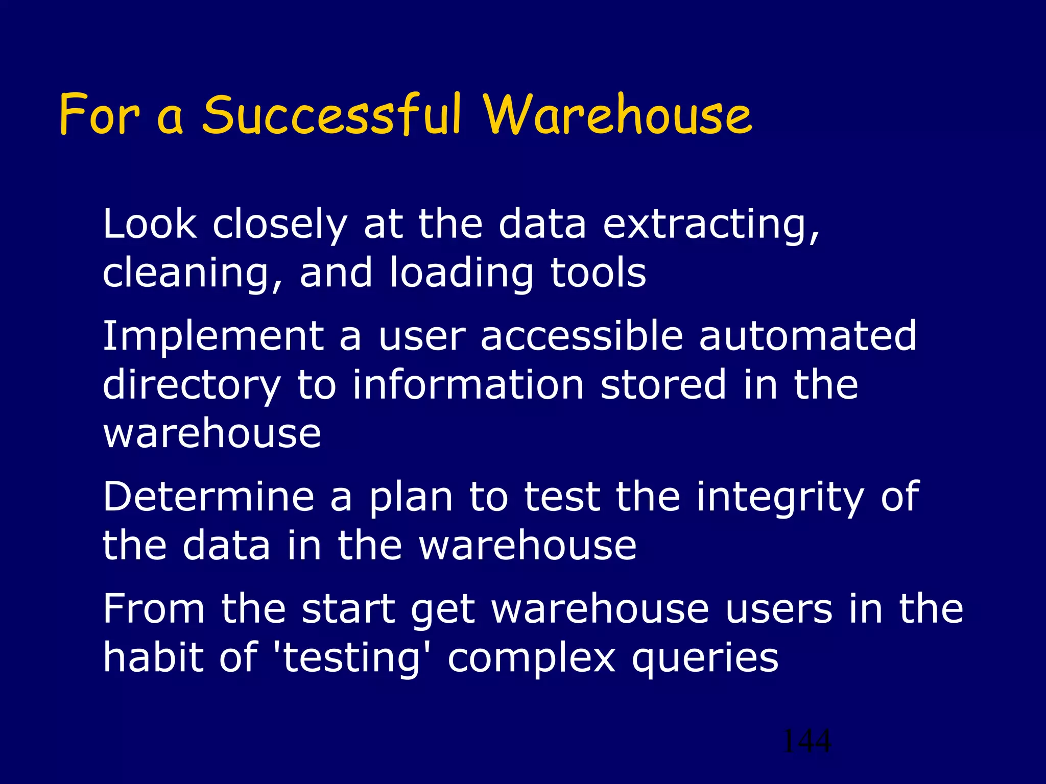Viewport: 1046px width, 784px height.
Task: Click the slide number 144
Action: pyautogui.click(x=806, y=741)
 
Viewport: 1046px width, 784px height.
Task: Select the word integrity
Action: pyautogui.click(x=780, y=498)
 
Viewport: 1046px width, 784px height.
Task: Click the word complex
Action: pyautogui.click(x=532, y=659)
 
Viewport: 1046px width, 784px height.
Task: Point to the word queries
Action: pyautogui.click(x=705, y=659)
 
